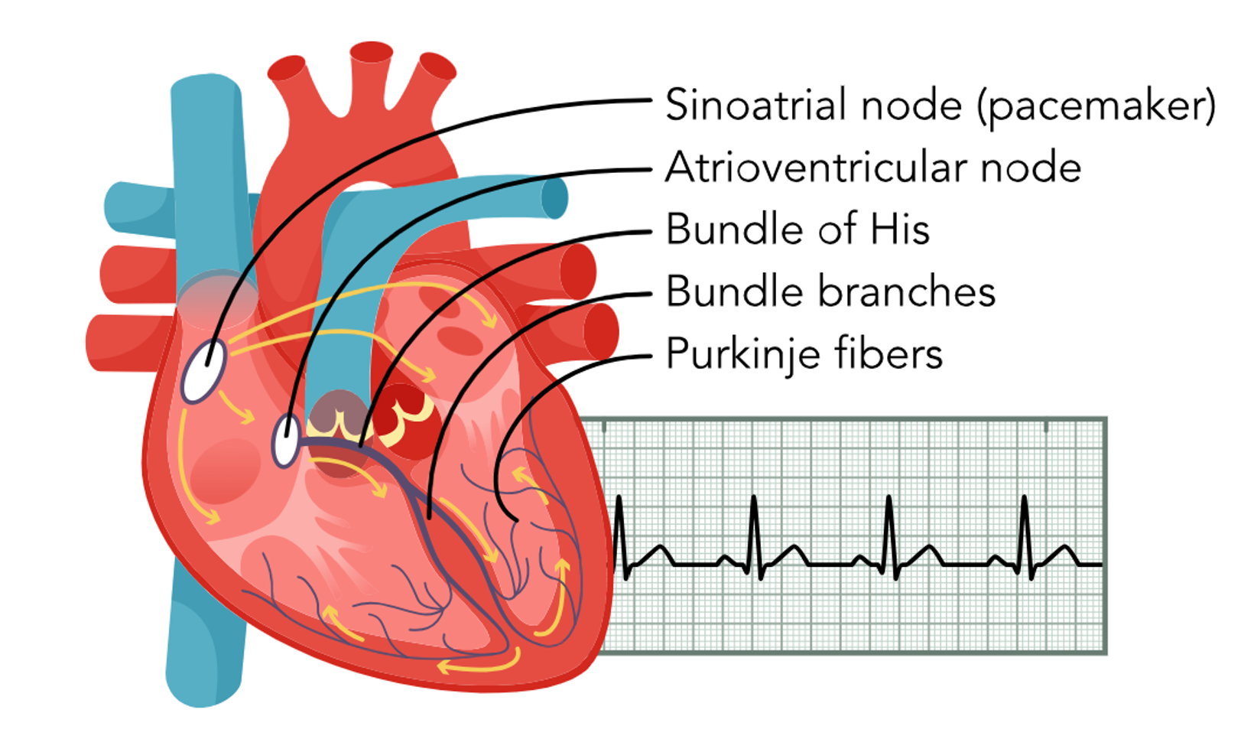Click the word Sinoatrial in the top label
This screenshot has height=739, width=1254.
tap(755, 105)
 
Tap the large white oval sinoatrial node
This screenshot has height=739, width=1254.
tap(203, 371)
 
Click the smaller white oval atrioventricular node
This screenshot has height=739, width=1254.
tap(286, 440)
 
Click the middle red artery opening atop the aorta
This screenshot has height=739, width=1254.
tap(372, 52)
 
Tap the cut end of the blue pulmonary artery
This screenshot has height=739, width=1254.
tap(554, 198)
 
